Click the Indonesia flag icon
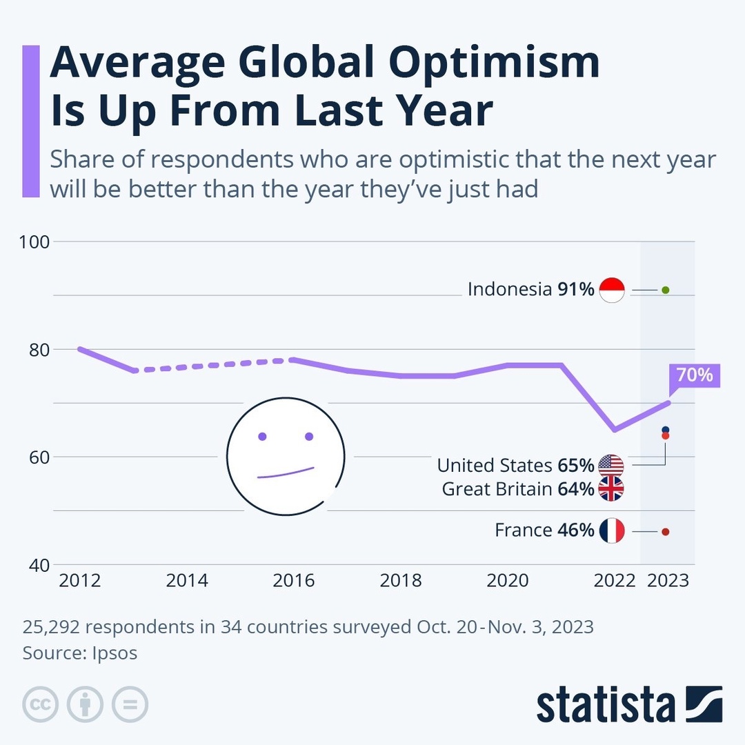(x=612, y=290)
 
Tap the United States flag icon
(x=611, y=465)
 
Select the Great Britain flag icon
(x=611, y=489)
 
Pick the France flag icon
(x=612, y=530)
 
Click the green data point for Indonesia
(x=665, y=290)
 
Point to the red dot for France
(x=665, y=532)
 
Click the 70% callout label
(x=695, y=376)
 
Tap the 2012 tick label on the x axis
(x=80, y=581)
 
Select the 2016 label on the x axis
(x=294, y=581)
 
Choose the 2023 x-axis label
(x=668, y=581)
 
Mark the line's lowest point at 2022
(x=614, y=430)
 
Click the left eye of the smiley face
(x=262, y=437)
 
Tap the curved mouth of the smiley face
(x=286, y=473)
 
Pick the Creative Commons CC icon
(x=41, y=704)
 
